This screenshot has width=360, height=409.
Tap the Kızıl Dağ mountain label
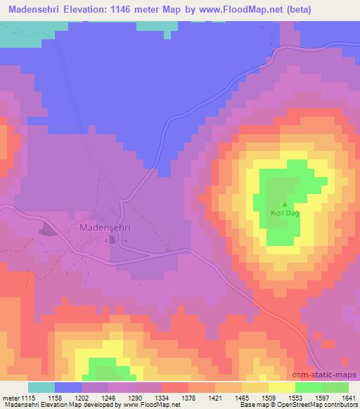285,214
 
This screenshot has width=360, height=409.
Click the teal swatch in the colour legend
41,387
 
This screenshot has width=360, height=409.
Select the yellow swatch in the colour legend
282,387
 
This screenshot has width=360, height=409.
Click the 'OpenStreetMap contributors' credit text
316,405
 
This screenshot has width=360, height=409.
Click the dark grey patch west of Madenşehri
46,229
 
